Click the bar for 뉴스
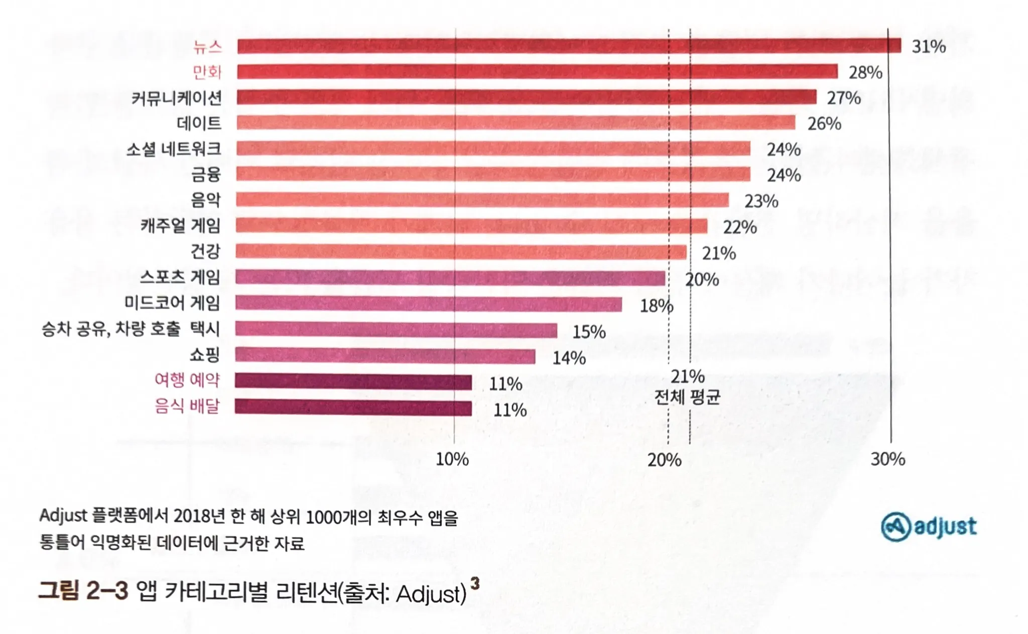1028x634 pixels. (569, 46)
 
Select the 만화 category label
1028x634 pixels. (207, 72)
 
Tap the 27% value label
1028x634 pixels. (844, 98)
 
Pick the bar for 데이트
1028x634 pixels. (516, 122)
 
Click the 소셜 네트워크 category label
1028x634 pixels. (173, 149)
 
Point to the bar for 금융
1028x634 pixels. (493, 174)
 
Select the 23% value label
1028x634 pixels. (761, 201)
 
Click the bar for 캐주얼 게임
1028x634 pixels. (471, 225)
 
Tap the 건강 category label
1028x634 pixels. (205, 251)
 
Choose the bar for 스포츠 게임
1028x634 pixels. (450, 278)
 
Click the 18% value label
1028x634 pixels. (656, 306)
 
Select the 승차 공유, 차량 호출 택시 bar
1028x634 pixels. (396, 330)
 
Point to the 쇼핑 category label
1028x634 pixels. (205, 355)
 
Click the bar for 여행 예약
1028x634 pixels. (353, 382)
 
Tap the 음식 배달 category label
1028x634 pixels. (187, 406)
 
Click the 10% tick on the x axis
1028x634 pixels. (452, 459)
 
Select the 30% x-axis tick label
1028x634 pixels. (887, 459)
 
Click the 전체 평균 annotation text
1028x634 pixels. (687, 397)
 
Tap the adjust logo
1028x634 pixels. (929, 527)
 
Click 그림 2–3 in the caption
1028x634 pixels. (83, 591)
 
